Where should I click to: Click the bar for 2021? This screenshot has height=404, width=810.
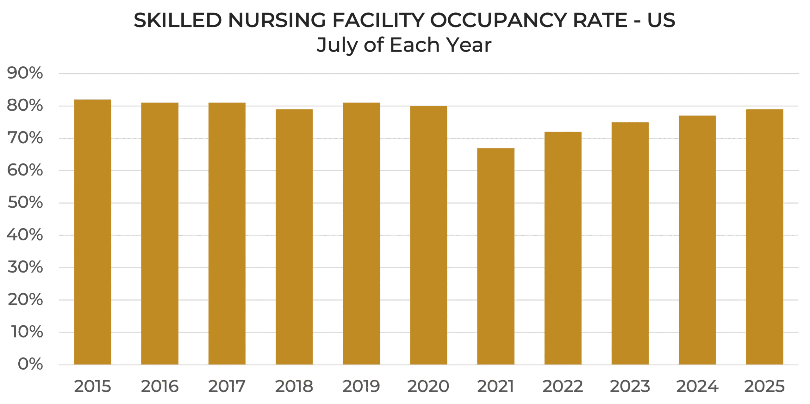(x=496, y=256)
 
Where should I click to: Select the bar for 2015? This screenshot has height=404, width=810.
(x=92, y=232)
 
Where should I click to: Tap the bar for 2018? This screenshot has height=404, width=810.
(x=294, y=237)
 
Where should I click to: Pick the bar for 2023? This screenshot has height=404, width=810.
(x=630, y=243)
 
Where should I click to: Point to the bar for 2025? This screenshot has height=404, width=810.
(x=764, y=237)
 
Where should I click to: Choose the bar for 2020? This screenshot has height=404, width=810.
(x=429, y=236)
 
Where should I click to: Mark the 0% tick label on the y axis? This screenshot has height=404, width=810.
(x=30, y=364)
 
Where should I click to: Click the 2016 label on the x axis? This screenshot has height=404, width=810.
(x=160, y=386)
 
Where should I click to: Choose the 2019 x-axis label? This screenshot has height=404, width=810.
(x=361, y=386)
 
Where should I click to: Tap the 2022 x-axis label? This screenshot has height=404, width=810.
(x=563, y=386)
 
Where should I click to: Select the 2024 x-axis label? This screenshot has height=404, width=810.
(x=697, y=386)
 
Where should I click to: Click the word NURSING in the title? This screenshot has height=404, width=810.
(x=277, y=21)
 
